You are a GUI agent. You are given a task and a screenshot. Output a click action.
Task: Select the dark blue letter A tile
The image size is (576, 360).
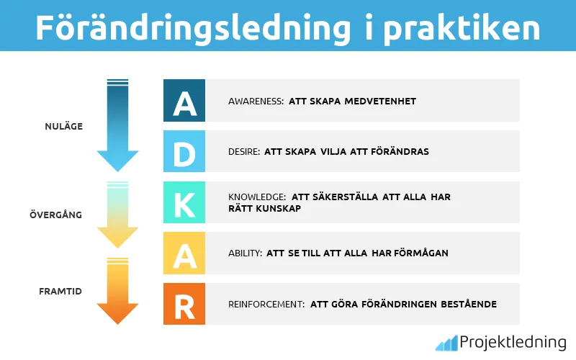click(x=184, y=101)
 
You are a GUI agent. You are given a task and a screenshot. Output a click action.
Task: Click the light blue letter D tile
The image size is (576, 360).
click(x=184, y=151)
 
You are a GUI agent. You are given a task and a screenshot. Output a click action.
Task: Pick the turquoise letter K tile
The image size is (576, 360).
click(x=184, y=202)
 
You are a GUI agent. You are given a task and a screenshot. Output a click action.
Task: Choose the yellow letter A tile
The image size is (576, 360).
click(x=184, y=253)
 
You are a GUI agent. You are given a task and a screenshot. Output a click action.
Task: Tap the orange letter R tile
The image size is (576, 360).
click(x=184, y=304)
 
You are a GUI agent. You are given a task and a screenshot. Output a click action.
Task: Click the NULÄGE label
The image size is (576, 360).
click(x=63, y=127)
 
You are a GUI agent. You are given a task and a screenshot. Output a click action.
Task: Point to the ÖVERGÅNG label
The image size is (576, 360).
click(x=55, y=215)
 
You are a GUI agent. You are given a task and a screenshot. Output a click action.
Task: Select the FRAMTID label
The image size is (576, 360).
click(x=60, y=291)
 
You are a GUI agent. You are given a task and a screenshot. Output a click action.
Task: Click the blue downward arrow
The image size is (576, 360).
click(x=117, y=125)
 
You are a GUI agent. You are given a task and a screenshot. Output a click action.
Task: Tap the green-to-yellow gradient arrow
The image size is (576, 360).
click(x=117, y=215)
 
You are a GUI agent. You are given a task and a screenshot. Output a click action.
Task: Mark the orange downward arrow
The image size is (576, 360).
click(x=117, y=291)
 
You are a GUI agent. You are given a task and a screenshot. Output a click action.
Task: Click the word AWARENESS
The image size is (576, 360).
click(x=255, y=102)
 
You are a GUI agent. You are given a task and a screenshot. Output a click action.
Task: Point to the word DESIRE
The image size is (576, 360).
click(x=243, y=152)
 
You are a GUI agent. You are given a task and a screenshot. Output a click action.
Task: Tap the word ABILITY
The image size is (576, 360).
click(x=244, y=253)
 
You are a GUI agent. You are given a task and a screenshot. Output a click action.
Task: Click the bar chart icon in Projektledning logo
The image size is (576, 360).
click(x=446, y=343)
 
